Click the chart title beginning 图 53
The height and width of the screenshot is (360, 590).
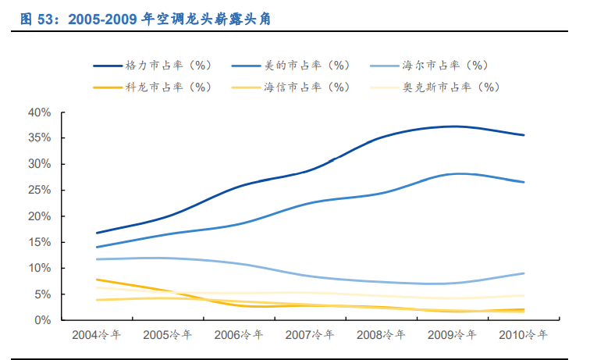coord(145,20)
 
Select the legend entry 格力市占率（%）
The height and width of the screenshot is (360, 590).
coord(169,66)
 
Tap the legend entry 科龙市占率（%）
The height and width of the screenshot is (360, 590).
coord(169,87)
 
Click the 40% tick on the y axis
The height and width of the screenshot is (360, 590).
coord(39,112)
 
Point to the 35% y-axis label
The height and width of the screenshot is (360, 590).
coord(39,138)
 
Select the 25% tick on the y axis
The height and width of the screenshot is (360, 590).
coord(39,190)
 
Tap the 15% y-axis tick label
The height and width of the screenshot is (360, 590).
coord(39,242)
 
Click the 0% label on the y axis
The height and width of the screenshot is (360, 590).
coord(42,320)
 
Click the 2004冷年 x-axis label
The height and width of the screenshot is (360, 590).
coord(96,335)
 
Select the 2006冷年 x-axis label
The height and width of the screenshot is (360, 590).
coord(239,335)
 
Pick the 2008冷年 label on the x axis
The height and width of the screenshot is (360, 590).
coord(381,335)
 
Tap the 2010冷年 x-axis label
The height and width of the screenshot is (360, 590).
coord(523,335)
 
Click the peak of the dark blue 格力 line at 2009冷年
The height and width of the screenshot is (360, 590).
coord(453,127)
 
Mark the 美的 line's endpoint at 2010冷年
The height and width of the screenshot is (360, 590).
coord(524,182)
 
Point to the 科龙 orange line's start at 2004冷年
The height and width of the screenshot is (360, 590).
coord(96,280)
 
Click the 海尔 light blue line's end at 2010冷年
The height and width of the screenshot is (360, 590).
coord(524,273)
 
